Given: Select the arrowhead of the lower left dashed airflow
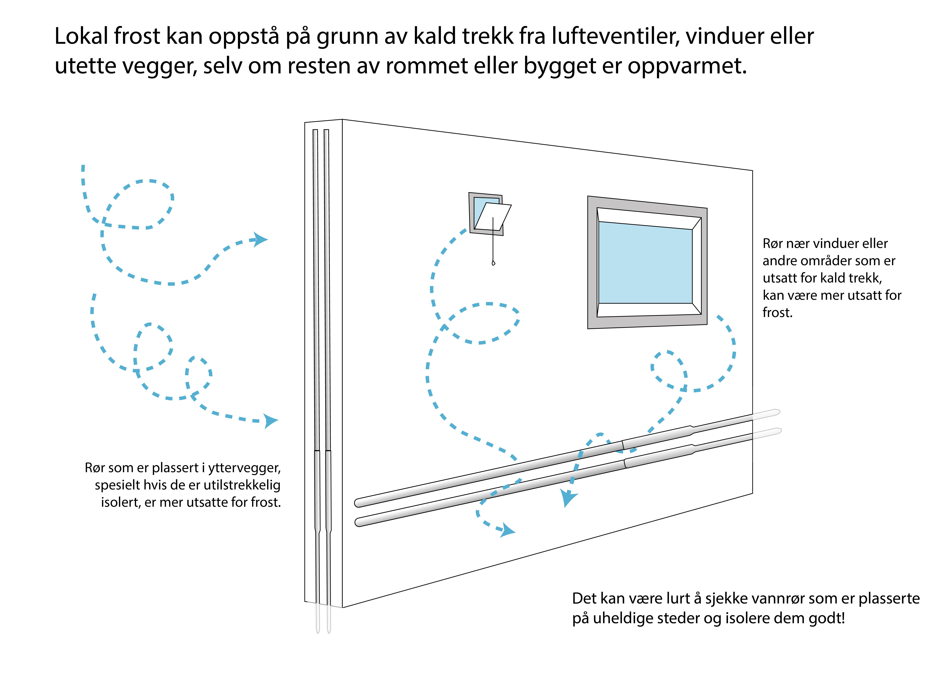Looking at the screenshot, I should tap(271, 421).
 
